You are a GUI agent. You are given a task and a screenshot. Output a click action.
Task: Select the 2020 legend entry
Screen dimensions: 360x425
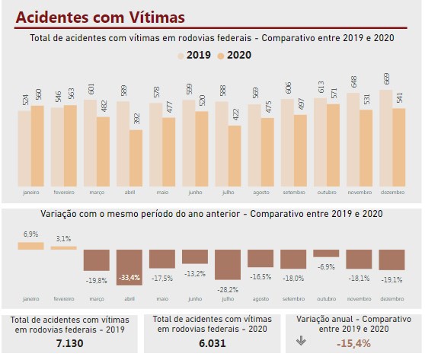click(233, 55)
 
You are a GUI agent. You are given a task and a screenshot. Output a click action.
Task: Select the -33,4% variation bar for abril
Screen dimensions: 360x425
click(128, 266)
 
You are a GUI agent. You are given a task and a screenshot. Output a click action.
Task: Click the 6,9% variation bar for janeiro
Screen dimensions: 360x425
click(30, 245)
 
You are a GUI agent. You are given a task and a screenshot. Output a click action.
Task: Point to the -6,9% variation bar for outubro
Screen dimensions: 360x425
click(325, 253)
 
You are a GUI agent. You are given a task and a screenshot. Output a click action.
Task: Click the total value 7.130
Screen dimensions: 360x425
click(69, 344)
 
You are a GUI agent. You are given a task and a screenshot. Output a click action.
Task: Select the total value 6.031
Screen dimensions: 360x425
click(211, 344)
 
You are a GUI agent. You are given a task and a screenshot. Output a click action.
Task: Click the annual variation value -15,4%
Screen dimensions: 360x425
click(353, 344)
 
